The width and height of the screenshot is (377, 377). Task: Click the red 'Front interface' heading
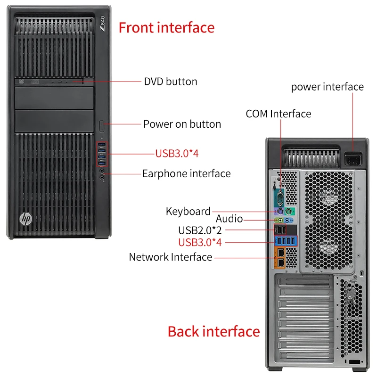point(166,27)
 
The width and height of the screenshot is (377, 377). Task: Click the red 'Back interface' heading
point(213,331)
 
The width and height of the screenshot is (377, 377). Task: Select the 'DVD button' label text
point(171,82)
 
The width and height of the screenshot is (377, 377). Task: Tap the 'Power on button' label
point(182,124)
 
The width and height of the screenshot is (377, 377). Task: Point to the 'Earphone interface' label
point(186,173)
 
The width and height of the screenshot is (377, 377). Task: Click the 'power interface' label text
point(327,87)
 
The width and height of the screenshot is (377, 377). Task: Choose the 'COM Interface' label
point(279,114)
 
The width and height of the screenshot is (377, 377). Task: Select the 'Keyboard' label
point(188,211)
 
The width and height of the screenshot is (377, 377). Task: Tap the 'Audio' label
point(229,219)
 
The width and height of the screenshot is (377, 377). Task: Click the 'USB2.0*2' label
point(200,230)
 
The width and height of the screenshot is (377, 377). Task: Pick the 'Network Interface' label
point(171,257)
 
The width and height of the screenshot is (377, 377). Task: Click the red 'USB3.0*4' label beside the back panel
point(200,243)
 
